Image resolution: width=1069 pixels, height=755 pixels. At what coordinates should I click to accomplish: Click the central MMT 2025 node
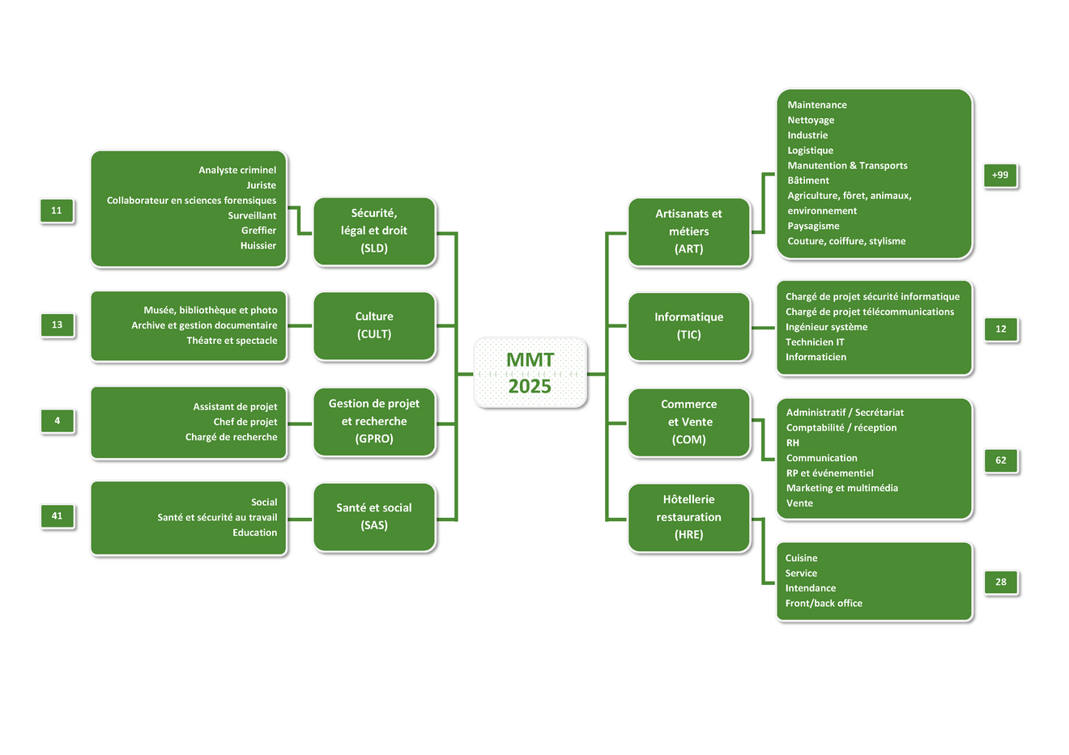[x=530, y=373]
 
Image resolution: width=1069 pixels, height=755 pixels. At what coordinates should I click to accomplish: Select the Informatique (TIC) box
[x=689, y=326]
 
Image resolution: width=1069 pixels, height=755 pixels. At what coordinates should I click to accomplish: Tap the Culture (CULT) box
[x=374, y=325]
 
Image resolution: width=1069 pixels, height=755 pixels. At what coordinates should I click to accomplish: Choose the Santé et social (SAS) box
[x=374, y=516]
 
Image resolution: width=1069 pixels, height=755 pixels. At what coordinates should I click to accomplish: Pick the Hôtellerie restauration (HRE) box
[x=689, y=517]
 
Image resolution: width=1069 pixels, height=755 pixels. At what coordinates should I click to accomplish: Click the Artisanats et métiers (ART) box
[x=689, y=231]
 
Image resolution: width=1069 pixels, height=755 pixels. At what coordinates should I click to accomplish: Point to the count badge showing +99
[x=1000, y=175]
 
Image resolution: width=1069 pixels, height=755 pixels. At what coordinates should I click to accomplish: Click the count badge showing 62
[x=1001, y=460]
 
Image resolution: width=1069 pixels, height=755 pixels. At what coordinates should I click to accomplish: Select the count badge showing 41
[x=57, y=515]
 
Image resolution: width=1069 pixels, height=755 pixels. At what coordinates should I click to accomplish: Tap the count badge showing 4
[x=57, y=421]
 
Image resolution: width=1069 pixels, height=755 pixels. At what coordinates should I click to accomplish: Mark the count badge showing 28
[x=1001, y=582]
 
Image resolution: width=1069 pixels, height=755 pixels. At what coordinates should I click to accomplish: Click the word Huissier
[x=258, y=246]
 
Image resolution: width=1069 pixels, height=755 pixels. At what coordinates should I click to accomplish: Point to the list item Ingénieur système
[x=826, y=327]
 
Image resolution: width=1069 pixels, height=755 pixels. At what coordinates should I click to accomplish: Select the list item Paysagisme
[x=813, y=227]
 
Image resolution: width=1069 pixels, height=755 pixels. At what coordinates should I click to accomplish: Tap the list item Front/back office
[x=824, y=604]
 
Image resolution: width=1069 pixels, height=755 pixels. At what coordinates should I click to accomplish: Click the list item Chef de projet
[x=245, y=422]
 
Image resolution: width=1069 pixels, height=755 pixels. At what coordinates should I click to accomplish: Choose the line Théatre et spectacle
[x=232, y=341]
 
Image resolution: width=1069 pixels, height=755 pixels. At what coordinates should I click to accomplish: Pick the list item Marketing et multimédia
[x=841, y=488]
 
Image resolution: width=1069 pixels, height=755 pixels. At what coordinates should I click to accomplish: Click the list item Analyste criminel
[x=237, y=170]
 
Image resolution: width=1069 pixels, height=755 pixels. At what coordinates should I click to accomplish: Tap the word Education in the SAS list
[x=254, y=532]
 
